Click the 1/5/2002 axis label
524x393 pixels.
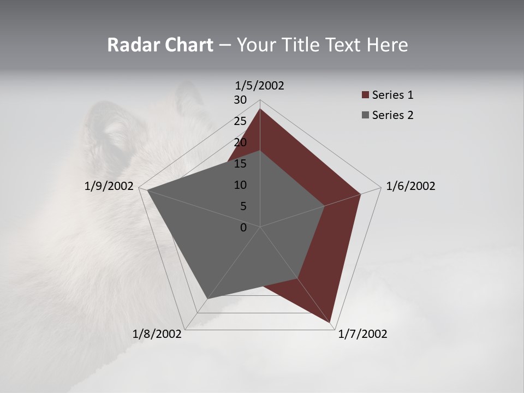click(259, 86)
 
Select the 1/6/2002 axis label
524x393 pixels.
click(410, 186)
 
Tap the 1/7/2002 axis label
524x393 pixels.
click(362, 334)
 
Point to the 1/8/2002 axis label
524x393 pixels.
click(157, 334)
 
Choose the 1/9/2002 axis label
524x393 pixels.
click(109, 186)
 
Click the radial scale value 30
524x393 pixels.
click(240, 100)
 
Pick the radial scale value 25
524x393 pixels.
click(240, 121)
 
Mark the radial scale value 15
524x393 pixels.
click(240, 164)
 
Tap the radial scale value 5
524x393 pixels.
click(243, 206)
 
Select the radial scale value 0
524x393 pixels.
click(243, 228)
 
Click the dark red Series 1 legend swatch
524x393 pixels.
click(365, 96)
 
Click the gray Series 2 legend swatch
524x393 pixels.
click(365, 115)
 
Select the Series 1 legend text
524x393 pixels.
click(392, 95)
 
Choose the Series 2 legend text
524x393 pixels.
click(392, 115)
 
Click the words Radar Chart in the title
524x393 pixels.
click(160, 45)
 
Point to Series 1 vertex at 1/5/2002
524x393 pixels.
click(260, 109)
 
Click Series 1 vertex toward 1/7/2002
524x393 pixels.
click(330, 322)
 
